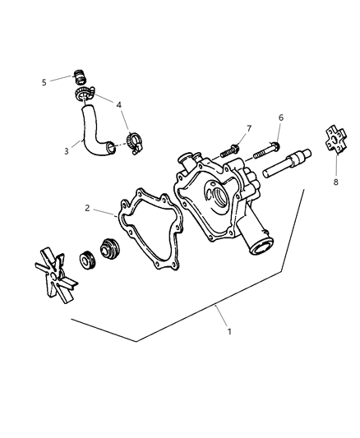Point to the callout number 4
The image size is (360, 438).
(x=119, y=105)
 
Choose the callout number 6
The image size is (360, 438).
(x=280, y=118)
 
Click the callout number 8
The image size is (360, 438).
(x=335, y=182)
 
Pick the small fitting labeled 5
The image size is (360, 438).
(x=81, y=79)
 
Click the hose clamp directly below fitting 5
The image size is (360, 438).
(x=85, y=97)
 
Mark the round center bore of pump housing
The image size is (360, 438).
(x=219, y=196)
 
